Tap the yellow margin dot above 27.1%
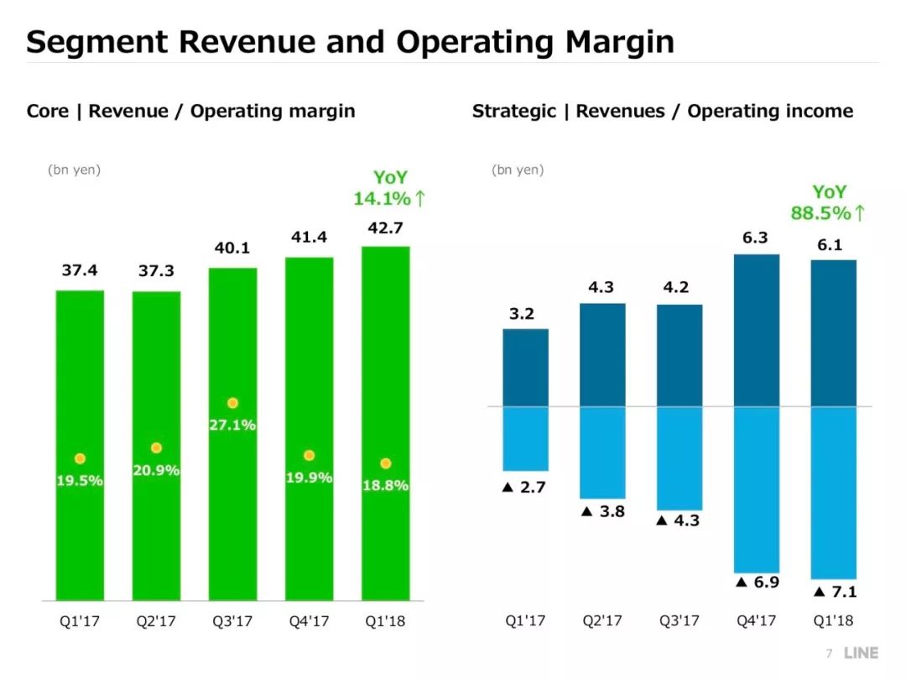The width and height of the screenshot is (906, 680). pyautogui.click(x=232, y=403)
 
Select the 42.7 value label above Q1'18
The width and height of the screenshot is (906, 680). pyautogui.click(x=386, y=228)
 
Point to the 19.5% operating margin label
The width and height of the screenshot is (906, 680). pyautogui.click(x=80, y=481)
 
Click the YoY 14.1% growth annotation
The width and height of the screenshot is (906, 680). pyautogui.click(x=389, y=189)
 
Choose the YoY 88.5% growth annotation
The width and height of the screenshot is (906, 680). pyautogui.click(x=827, y=203)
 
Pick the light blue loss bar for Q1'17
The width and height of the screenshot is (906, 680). pyautogui.click(x=525, y=438)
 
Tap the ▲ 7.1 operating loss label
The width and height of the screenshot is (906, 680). pyautogui.click(x=835, y=592)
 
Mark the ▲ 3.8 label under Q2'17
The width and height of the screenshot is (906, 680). pyautogui.click(x=602, y=511)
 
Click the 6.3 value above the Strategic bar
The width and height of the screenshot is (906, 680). pyautogui.click(x=755, y=238)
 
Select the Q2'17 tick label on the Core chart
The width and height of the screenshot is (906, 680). pyautogui.click(x=156, y=622)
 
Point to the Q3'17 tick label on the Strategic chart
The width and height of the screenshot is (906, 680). pyautogui.click(x=679, y=621)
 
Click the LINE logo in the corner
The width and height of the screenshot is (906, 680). pyautogui.click(x=861, y=653)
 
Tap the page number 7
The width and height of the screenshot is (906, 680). pyautogui.click(x=829, y=653)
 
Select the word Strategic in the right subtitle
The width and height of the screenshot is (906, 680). pyautogui.click(x=513, y=111)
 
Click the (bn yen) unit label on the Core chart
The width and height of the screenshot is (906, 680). pyautogui.click(x=74, y=170)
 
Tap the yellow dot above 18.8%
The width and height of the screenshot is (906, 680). pyautogui.click(x=385, y=463)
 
